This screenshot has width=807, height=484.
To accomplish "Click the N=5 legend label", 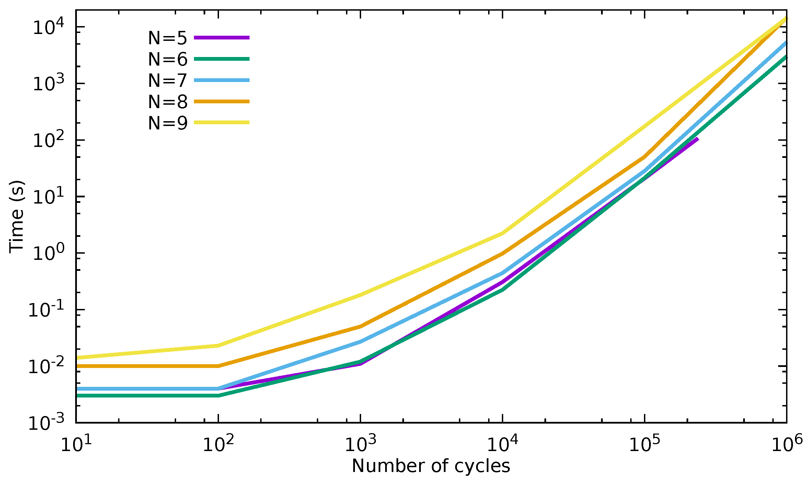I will point(168,38).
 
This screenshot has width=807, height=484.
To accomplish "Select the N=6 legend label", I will point(168,59).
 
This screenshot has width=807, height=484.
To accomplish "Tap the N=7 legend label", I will point(168,81).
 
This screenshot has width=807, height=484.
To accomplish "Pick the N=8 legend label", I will point(168,102).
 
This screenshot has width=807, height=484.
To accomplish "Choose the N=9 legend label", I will point(168,123).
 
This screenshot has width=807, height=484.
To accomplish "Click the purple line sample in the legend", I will point(222,38).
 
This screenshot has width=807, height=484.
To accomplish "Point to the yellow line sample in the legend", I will point(222,122).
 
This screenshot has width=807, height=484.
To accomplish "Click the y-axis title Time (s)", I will point(16,217).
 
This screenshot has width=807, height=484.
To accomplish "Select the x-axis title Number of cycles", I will point(431,466).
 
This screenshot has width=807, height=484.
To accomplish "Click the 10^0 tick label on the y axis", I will point(48,253).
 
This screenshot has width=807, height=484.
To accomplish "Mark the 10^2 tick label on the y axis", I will point(48,140).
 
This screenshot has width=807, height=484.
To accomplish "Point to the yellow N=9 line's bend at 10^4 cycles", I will point(503,233).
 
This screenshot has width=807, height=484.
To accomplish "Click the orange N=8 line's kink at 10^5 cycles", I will point(645,157).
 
